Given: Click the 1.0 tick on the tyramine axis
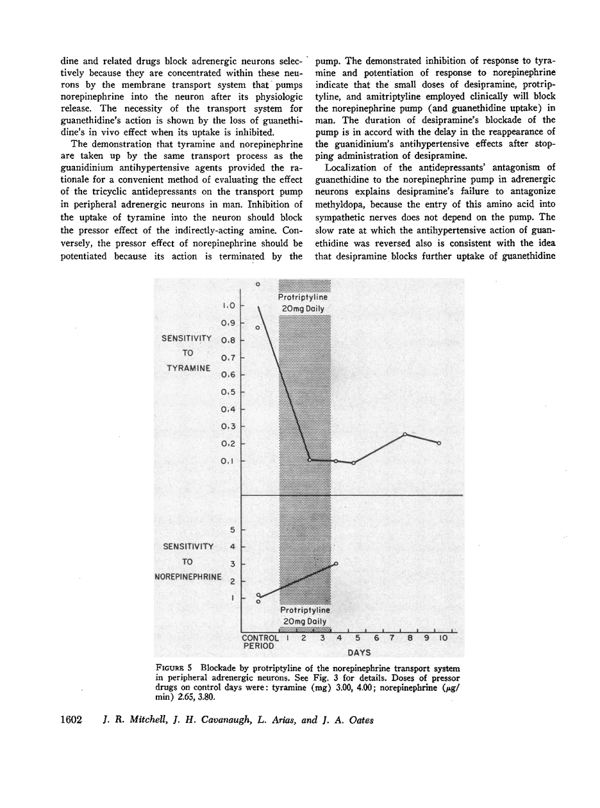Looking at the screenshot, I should click(x=228, y=306).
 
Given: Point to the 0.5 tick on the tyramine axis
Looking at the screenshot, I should click(x=228, y=392).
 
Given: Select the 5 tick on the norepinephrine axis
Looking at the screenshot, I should click(x=233, y=529).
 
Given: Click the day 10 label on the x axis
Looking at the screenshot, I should click(x=442, y=638).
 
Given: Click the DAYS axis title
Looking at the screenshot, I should click(x=360, y=652).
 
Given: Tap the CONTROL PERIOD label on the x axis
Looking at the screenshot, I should click(x=260, y=642).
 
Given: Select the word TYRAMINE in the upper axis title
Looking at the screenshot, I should click(x=188, y=368).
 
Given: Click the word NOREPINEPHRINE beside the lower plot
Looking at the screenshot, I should click(x=188, y=577).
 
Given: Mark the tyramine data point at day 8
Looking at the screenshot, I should click(x=404, y=434).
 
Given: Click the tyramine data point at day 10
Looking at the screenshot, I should click(x=439, y=443).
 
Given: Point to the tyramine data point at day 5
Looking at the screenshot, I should click(x=353, y=463).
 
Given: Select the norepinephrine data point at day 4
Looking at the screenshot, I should click(x=336, y=563).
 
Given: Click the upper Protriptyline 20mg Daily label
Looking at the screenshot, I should click(x=304, y=303).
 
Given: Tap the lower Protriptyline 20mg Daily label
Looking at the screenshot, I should click(x=305, y=616).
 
